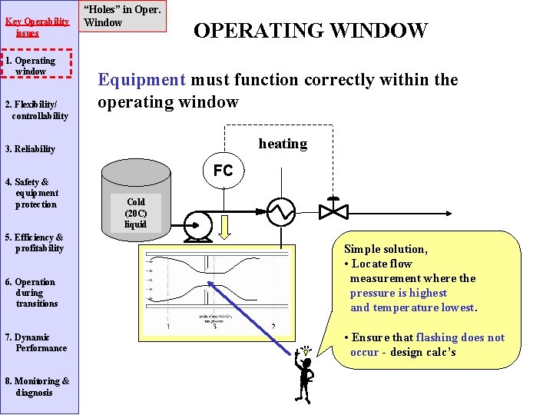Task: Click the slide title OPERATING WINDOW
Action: tap(310, 31)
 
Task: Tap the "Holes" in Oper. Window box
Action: tap(123, 16)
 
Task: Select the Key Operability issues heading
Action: tap(31, 27)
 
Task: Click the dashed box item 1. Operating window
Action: tap(37, 66)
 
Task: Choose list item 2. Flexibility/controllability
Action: tap(37, 110)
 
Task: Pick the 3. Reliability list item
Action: tap(31, 149)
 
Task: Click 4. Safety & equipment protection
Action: tap(34, 194)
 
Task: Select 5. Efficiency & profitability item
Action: tap(35, 243)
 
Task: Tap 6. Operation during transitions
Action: tap(34, 293)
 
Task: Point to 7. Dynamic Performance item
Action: tap(37, 343)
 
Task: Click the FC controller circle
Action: tap(223, 171)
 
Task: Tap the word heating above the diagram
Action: tap(283, 144)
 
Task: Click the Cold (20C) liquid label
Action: tap(135, 214)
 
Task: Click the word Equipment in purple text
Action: tap(141, 80)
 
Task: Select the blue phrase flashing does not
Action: tap(460, 337)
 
